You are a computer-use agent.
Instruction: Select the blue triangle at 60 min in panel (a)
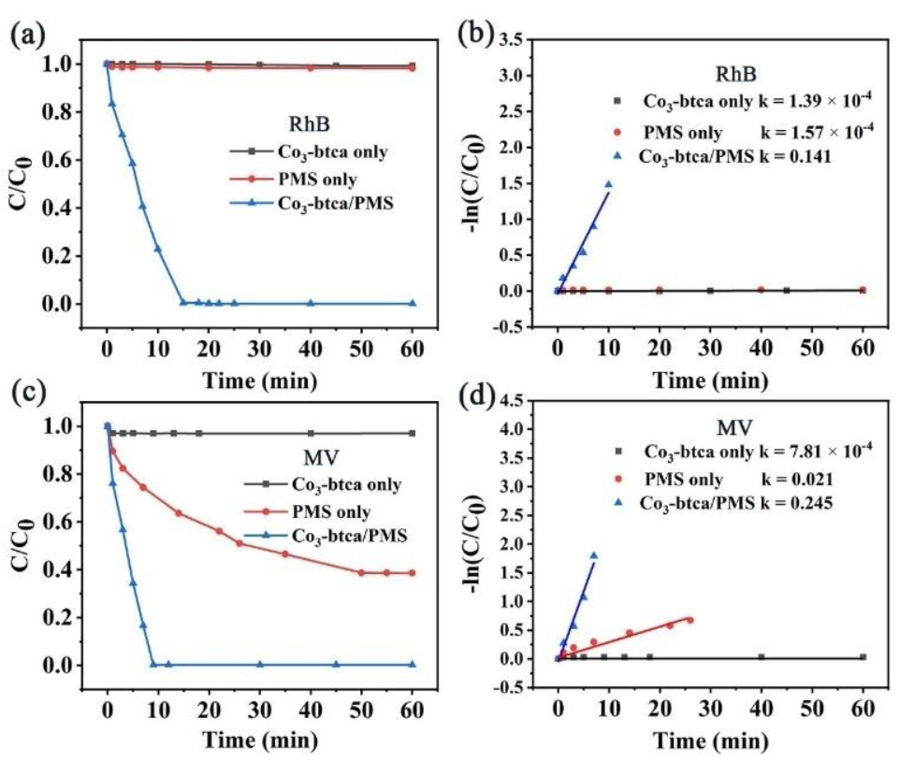point(413,303)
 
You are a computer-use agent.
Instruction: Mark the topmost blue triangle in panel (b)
point(608,184)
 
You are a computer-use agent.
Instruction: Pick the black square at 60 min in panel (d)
point(863,657)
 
